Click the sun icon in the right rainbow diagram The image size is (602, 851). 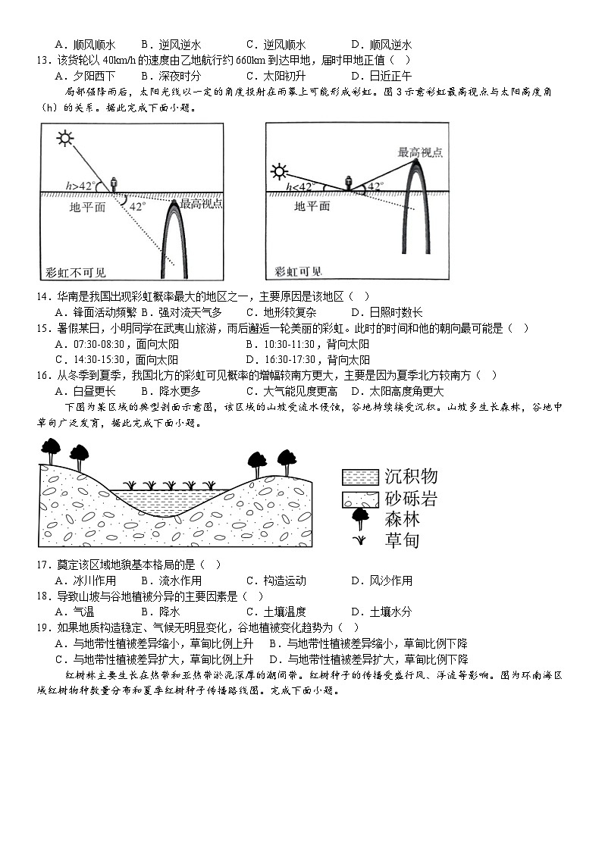coord(283,171)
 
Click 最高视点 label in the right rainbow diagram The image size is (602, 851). coord(420,152)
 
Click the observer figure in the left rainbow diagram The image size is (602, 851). coord(114,184)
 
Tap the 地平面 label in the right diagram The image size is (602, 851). coord(312,205)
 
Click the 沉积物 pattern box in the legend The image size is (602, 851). coord(360,477)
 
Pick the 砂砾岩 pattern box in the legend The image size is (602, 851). coord(360,499)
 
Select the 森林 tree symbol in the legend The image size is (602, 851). coord(360,519)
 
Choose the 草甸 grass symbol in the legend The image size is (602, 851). coord(361,540)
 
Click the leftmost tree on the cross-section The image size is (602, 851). coord(51,449)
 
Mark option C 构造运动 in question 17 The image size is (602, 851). coord(276,580)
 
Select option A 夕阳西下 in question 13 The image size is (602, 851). coord(85,76)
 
